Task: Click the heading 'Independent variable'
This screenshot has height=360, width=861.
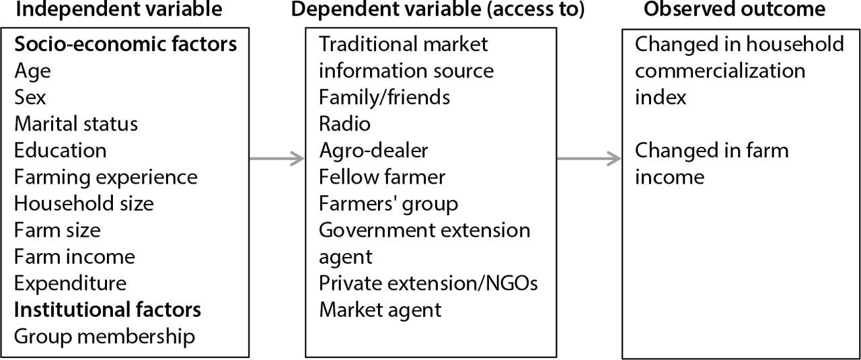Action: point(118,9)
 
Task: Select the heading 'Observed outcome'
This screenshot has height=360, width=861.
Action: point(734,9)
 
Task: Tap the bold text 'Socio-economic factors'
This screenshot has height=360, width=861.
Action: point(126,44)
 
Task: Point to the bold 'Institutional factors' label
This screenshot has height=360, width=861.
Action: point(108,310)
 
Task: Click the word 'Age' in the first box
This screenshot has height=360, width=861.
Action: point(32,71)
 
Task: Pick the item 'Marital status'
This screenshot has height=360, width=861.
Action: point(76,124)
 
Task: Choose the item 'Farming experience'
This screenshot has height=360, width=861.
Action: point(106,177)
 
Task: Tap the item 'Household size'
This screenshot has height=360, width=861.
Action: point(84,203)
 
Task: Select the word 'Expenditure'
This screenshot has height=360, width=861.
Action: point(70,283)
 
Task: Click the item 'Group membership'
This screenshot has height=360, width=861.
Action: point(104,336)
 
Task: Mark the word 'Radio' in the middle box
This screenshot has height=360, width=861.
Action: point(344,124)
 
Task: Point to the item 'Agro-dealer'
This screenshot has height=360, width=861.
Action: point(373,151)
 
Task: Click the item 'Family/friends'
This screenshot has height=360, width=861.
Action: point(384,98)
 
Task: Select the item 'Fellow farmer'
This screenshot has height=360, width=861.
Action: point(381,177)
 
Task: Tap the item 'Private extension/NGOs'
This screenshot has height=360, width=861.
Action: point(428,283)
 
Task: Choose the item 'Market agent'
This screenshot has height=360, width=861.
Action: point(380,310)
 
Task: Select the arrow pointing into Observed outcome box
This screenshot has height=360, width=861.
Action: point(589,159)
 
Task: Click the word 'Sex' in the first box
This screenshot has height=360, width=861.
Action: point(30,98)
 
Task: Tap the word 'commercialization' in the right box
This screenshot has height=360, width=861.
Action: point(720,71)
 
